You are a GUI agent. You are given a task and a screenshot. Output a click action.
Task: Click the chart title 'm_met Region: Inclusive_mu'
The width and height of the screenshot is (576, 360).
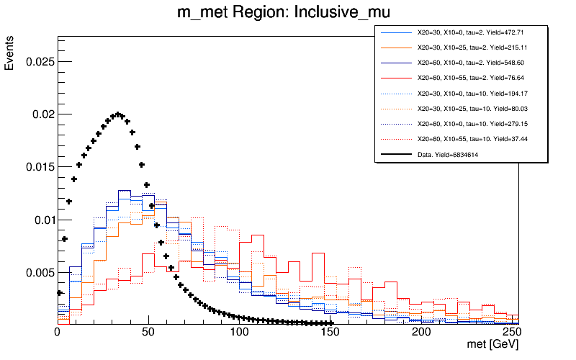tap(287, 14)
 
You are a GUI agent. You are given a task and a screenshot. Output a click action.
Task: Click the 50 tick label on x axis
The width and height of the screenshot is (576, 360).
tap(148, 332)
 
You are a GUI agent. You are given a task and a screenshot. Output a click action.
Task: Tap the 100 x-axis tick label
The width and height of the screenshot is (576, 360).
tap(239, 332)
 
